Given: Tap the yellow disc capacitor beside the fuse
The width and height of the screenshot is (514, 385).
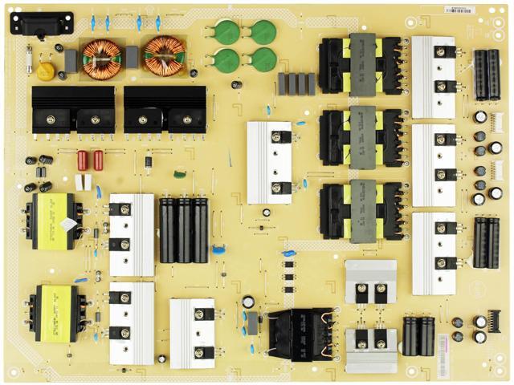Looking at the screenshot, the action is click(46, 71).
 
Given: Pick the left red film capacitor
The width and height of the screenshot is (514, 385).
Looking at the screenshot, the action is click(82, 160).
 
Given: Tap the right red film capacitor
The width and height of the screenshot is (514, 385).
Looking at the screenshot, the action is click(98, 160).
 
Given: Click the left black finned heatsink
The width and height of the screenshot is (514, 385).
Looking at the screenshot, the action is click(72, 108).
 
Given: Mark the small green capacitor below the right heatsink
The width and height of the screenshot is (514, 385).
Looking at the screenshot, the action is click(177, 172).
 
